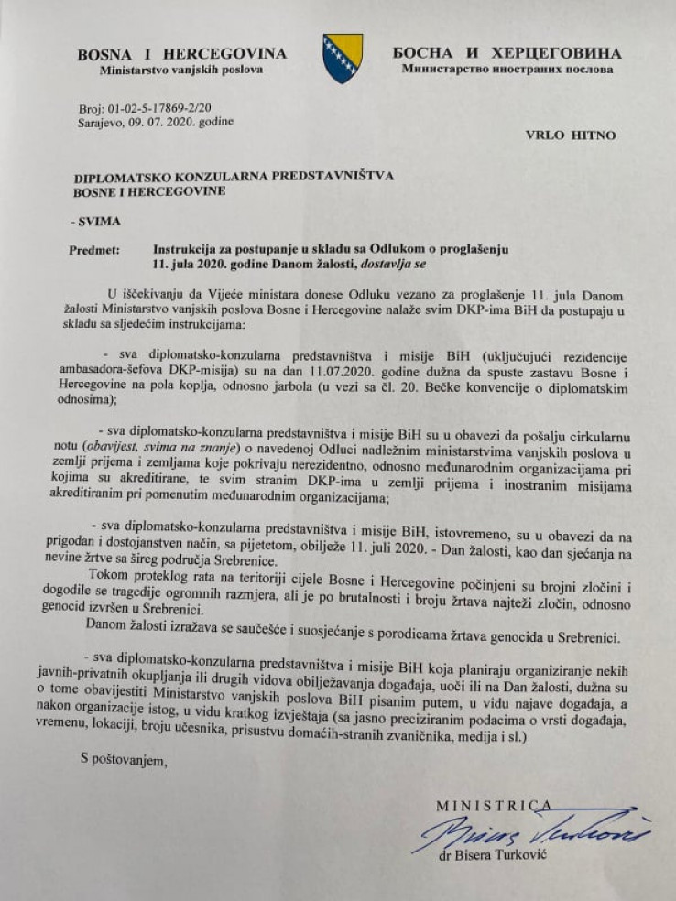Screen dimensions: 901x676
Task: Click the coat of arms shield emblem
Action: pos(342,58)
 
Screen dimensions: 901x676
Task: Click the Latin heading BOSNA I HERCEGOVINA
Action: pos(181,54)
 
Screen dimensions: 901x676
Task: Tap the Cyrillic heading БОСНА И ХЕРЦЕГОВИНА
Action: pos(507,53)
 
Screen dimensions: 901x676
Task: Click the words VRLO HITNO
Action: pos(571,136)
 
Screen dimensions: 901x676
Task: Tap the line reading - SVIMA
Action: pos(94,221)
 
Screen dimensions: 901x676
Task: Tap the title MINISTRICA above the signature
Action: pos(494,806)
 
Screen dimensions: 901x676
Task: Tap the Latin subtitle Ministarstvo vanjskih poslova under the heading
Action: pos(181,70)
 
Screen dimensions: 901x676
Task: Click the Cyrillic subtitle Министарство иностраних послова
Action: pos(507,69)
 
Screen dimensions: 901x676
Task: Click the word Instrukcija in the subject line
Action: pos(186,249)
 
